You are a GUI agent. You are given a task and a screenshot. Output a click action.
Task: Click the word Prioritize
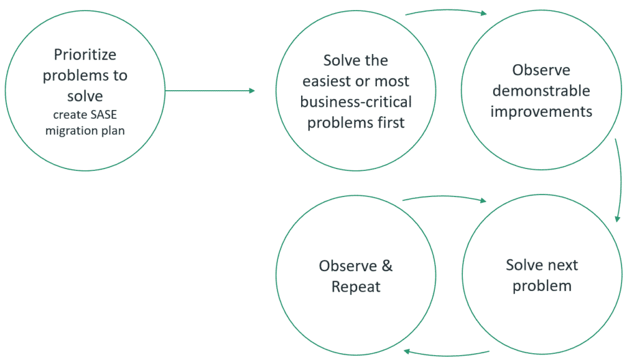coord(85,54)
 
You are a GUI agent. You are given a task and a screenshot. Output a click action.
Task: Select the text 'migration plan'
coord(85,131)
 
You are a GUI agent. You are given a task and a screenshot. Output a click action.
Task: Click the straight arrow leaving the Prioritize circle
coord(210,91)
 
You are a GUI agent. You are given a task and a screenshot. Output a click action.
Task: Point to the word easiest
coord(327,81)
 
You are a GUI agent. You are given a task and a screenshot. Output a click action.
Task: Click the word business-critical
coord(356,102)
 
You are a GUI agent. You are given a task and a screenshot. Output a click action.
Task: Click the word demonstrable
coord(541,91)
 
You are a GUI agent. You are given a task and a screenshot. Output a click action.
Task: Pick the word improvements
coord(541,112)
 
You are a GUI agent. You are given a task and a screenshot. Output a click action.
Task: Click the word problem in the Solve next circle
coord(542,286)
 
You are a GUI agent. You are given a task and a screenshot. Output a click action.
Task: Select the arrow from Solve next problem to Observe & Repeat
coord(447,355)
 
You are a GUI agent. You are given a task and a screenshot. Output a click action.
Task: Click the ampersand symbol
coord(387,266)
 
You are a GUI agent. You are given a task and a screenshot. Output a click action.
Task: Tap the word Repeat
coord(356,287)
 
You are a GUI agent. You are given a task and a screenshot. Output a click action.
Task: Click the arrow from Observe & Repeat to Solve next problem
coord(444,197)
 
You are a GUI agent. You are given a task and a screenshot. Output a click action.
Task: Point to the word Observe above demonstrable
coord(541,70)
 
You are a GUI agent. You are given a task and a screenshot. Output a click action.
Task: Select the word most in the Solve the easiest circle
coord(392,81)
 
